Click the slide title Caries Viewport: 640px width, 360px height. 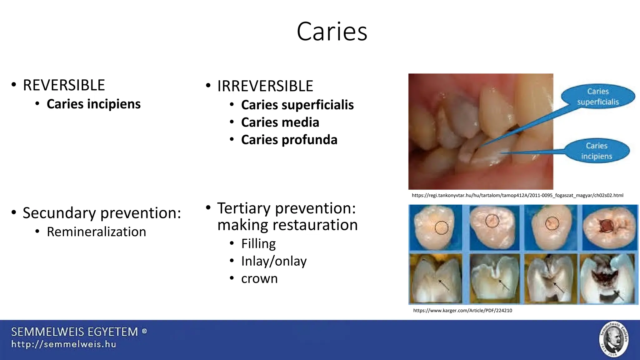332,31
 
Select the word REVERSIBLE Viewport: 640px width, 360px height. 64,85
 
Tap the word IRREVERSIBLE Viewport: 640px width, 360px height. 265,86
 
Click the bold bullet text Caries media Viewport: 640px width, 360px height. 280,122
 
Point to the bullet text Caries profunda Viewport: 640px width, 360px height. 289,140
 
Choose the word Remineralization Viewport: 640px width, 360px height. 96,232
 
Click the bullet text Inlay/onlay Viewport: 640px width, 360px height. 274,261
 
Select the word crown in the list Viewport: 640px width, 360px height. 259,278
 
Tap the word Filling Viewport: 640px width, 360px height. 258,243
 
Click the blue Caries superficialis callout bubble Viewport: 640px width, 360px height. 597,97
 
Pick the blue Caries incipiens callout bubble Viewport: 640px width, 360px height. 597,151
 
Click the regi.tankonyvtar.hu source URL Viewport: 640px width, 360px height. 517,195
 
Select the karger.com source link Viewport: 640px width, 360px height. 462,310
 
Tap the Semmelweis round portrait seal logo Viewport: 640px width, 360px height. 614,339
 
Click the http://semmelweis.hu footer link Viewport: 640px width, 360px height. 64,344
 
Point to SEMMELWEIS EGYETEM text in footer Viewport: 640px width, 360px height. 75,332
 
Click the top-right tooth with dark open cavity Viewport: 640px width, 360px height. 609,227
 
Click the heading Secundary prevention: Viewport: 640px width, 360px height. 102,213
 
